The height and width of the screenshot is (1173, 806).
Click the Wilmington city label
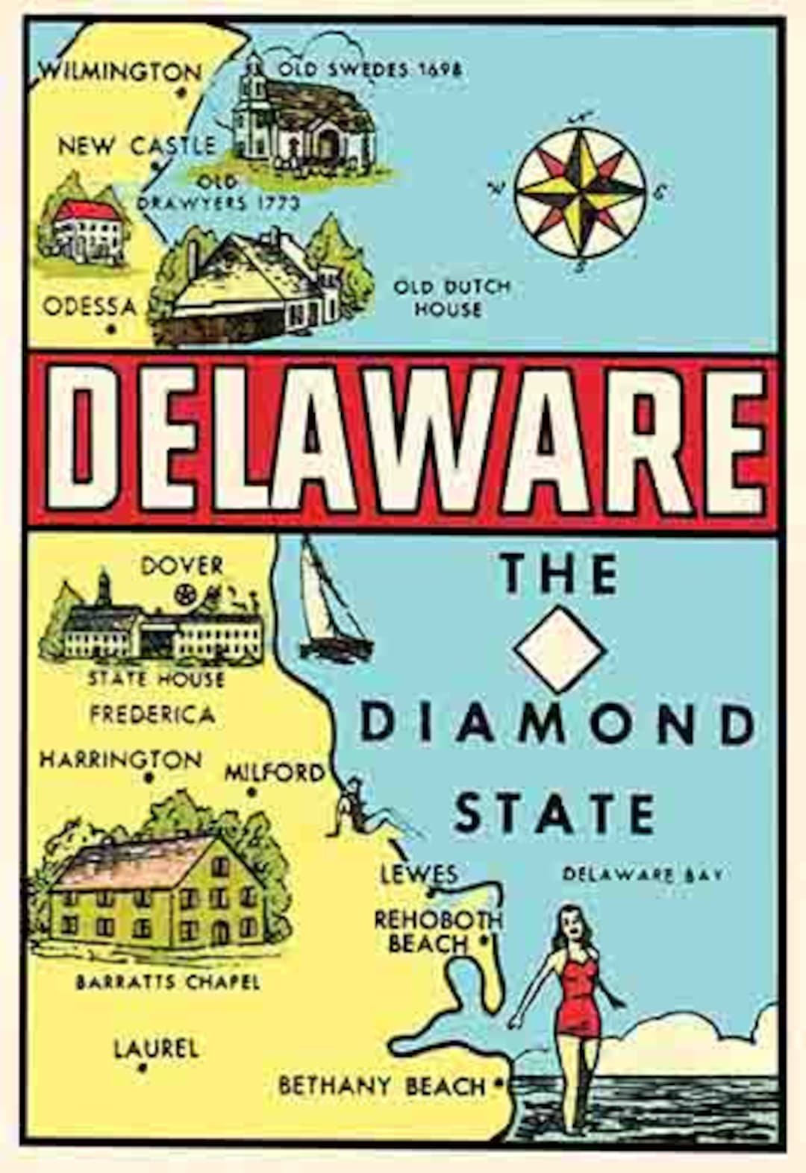[119, 72]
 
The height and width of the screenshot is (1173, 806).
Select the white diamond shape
[560, 647]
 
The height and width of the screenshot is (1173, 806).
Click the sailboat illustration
[328, 604]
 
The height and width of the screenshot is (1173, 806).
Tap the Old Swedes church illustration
[302, 119]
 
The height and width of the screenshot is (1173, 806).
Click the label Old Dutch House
[452, 297]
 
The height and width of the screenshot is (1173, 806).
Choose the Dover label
[181, 565]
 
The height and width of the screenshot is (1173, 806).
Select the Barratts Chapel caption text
[168, 981]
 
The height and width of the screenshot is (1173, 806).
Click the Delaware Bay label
[642, 874]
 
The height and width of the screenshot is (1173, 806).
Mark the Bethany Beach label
[381, 1086]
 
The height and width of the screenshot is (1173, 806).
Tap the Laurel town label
[156, 1049]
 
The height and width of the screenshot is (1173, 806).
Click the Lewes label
[419, 874]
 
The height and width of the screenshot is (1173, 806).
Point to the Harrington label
[120, 760]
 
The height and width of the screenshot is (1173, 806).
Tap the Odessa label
[90, 306]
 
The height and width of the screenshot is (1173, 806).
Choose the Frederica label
[152, 714]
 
